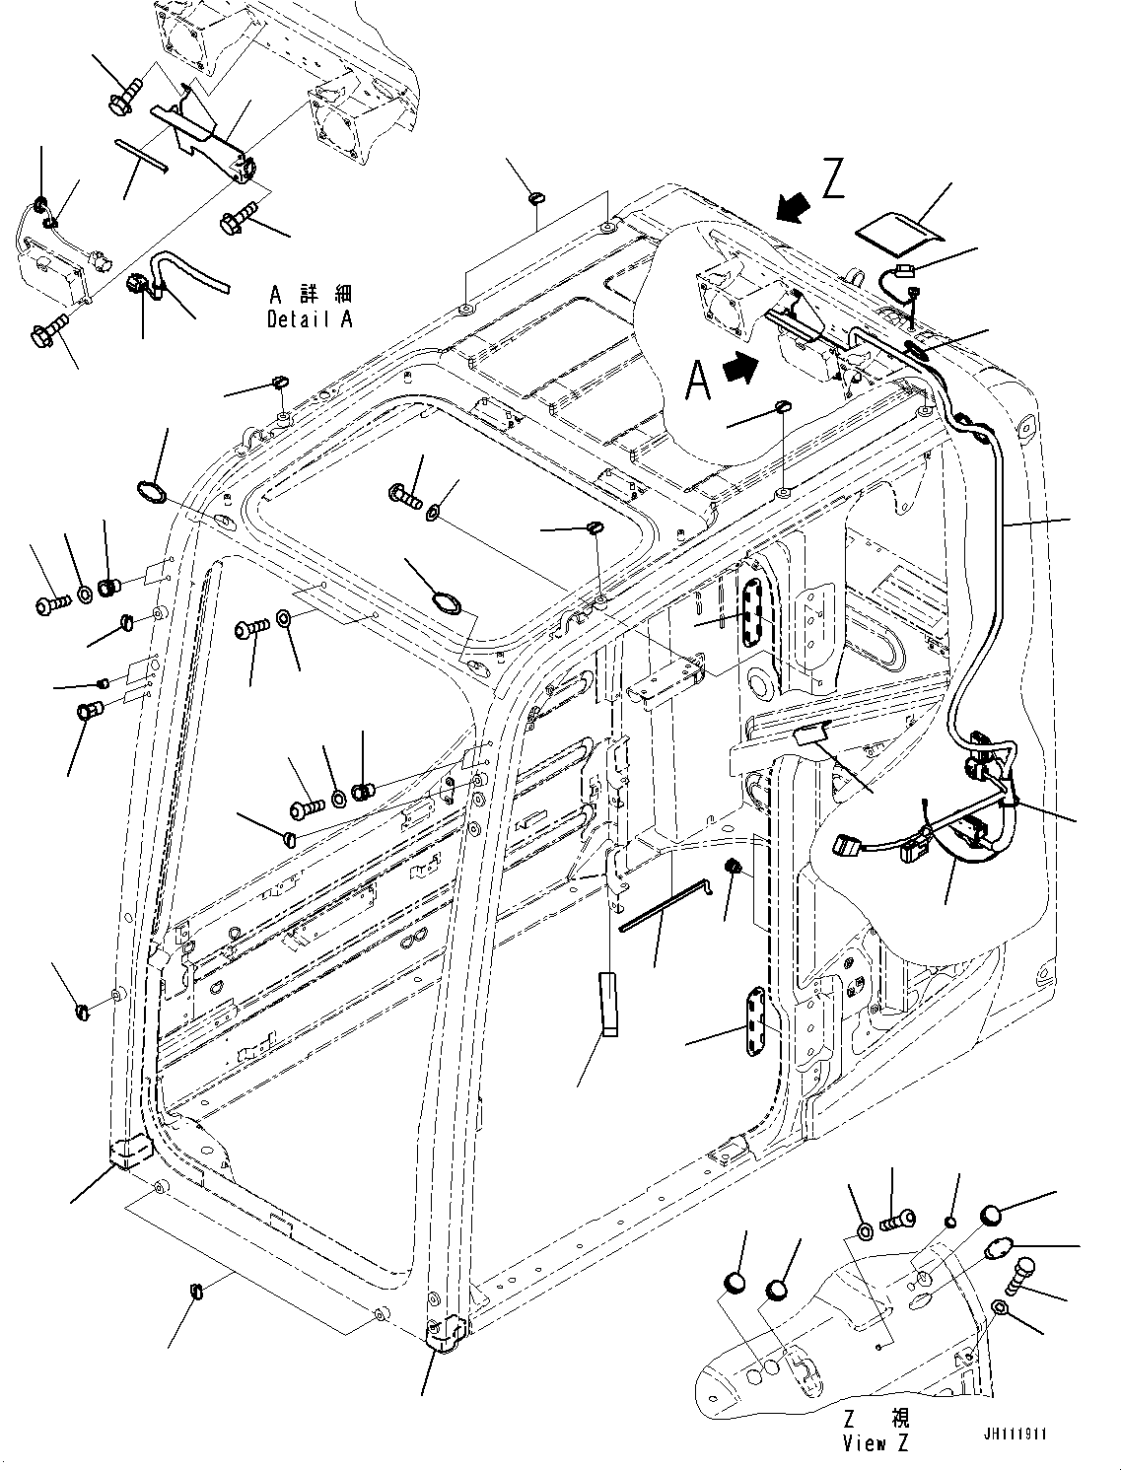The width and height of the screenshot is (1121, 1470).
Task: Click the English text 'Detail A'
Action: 309,319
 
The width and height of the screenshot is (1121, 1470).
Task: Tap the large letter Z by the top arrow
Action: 833,180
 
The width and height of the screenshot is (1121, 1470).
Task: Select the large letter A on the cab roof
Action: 698,381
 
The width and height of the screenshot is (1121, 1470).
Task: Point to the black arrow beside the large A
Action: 741,369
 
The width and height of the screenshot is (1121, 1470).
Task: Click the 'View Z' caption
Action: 876,1442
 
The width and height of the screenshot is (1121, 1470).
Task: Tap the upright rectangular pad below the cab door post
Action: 606,1004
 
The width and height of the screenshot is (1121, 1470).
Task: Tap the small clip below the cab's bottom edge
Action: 196,1292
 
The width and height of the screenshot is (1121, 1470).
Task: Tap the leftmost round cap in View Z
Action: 735,1283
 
